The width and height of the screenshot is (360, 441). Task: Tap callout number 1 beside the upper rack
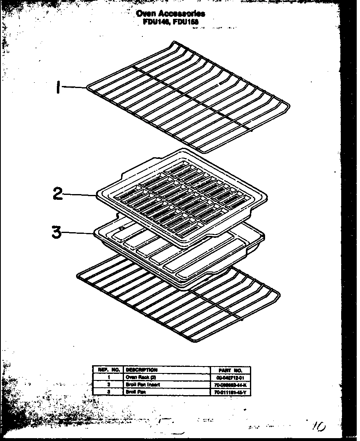(x=59, y=87)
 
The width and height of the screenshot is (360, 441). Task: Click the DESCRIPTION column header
(x=142, y=370)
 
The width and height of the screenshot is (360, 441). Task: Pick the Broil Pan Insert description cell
(x=143, y=384)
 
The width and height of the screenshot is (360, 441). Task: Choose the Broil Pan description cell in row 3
(x=135, y=392)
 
